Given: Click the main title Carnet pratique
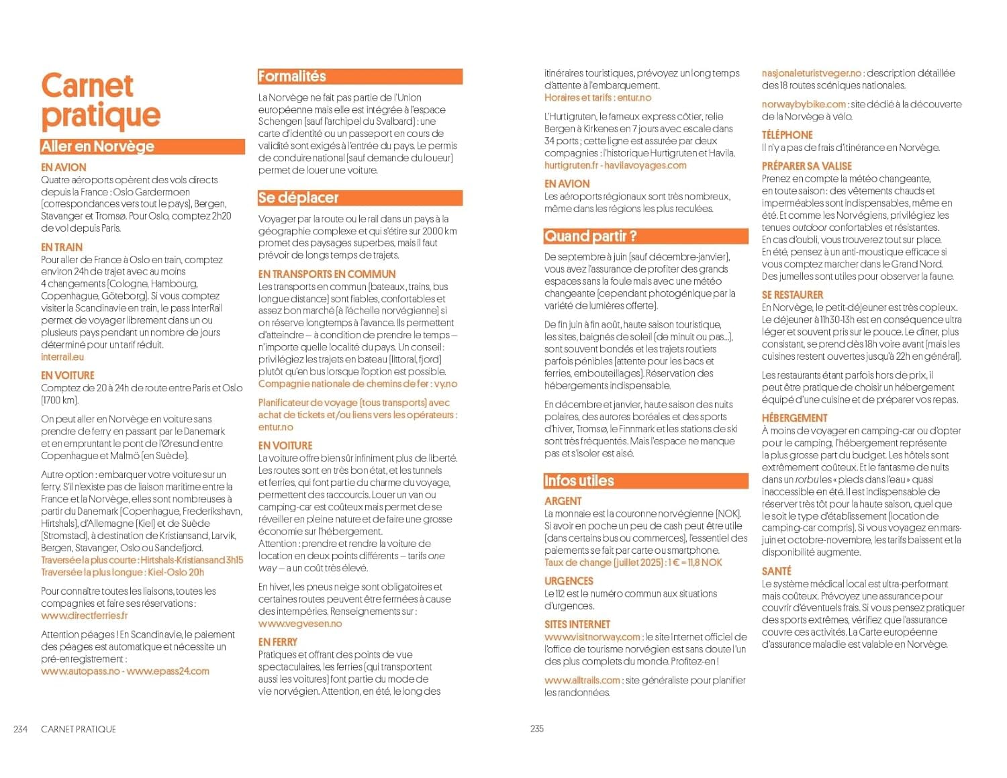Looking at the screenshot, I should (101, 101).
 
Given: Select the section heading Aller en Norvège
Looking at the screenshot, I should (98, 146).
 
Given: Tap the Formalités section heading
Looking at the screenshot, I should (292, 77).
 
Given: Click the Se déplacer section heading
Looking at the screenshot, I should (298, 198).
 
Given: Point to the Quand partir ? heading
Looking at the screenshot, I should (590, 236).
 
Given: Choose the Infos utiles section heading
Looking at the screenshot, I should (579, 481).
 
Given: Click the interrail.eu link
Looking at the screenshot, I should (62, 357).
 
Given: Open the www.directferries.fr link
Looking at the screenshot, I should (84, 616).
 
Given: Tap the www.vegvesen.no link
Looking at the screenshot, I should (300, 624).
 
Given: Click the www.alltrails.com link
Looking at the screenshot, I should (582, 680).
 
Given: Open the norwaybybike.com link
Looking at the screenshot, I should (804, 104).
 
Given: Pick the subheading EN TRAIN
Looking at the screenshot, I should (62, 247).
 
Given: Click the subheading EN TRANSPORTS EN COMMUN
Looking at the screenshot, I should (327, 274).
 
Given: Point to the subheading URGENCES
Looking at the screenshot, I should (569, 581).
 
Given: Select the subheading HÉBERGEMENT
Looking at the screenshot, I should (794, 418).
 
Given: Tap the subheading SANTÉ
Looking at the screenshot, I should (776, 571).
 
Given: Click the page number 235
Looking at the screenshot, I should (537, 728).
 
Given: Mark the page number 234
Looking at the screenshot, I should (21, 729).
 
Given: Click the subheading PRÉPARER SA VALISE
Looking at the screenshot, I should (806, 166).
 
